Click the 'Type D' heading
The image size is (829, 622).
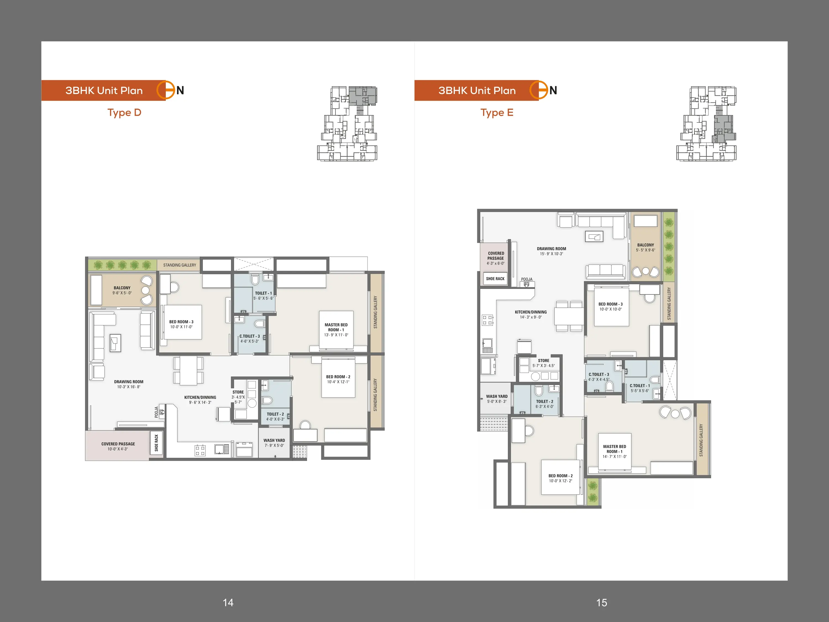pos(124,113)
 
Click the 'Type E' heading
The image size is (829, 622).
pos(497,113)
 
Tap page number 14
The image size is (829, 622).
pos(228,602)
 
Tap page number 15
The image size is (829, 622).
pos(602,602)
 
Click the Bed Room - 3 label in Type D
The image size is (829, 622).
pos(181,322)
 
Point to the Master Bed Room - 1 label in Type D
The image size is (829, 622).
pos(336,327)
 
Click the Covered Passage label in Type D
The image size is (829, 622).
pos(118,444)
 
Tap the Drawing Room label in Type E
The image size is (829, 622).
pos(551,249)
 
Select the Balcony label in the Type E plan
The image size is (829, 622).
pos(645,245)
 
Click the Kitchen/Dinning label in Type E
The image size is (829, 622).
pos(531,312)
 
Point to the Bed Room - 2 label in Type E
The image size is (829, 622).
pos(561,476)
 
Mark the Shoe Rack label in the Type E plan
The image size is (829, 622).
pos(495,279)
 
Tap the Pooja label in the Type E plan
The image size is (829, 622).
pos(527,279)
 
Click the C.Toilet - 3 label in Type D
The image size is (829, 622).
pos(250,336)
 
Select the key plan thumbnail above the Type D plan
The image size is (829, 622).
pos(347,124)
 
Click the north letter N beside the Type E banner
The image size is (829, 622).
pos(553,90)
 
